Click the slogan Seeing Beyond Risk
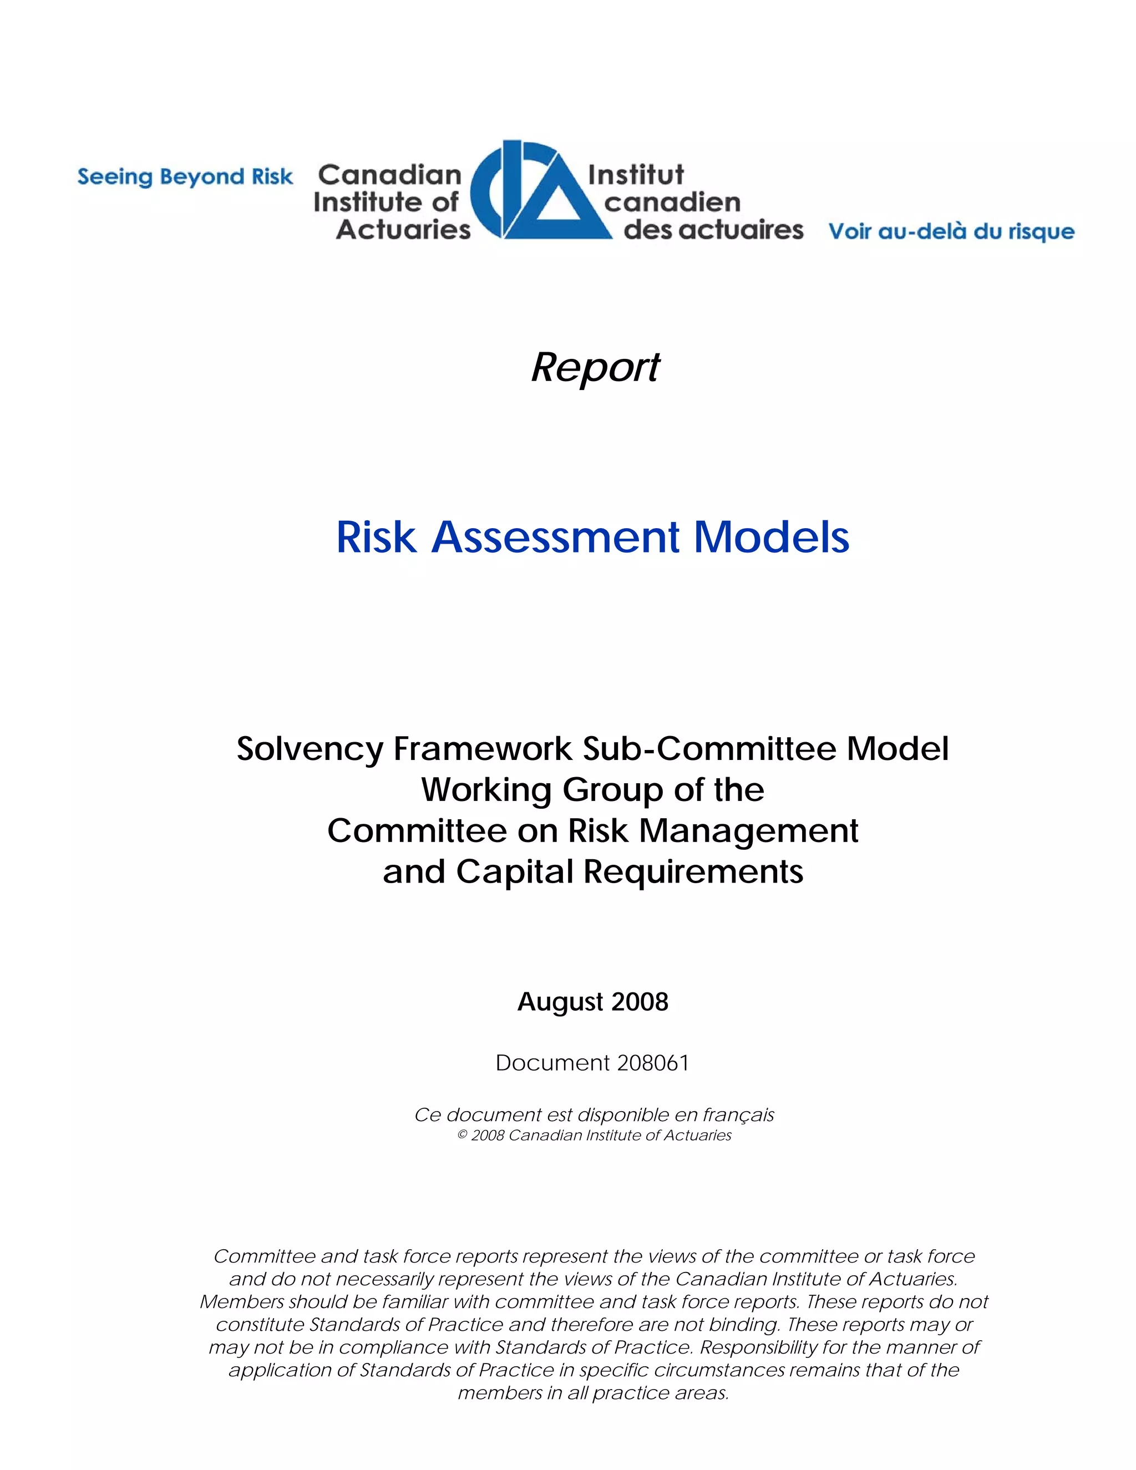[x=185, y=177]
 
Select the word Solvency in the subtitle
[x=309, y=748]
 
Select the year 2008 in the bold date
[x=640, y=1001]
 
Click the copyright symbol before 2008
[x=463, y=1136]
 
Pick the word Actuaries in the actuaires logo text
[x=403, y=230]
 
